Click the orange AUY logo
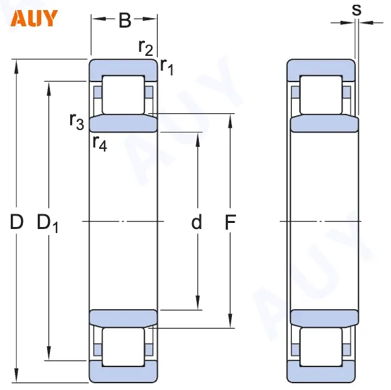[34, 18]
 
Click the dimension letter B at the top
[125, 21]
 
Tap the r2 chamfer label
[146, 46]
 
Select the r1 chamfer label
[167, 66]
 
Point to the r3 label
[76, 121]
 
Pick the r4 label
[99, 143]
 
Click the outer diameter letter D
[17, 221]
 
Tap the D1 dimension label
[47, 222]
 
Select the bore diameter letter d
[197, 222]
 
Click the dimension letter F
[231, 222]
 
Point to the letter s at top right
[357, 9]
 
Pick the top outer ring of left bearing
[123, 67]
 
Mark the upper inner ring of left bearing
[123, 123]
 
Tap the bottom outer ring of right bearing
[322, 371]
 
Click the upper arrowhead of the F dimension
[231, 121]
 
